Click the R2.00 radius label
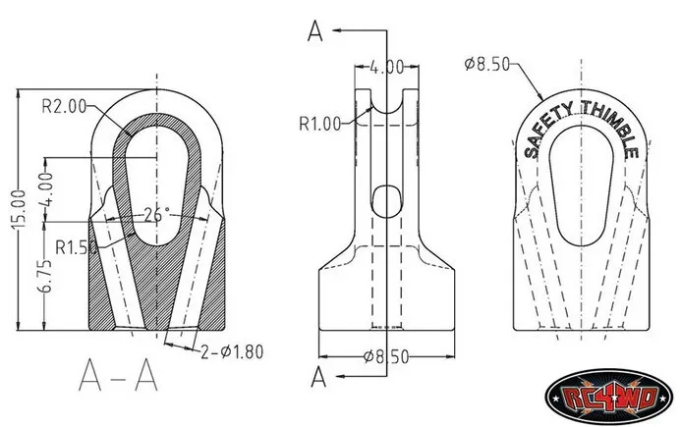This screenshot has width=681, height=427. pyautogui.click(x=64, y=106)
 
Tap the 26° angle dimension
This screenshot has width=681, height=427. pyautogui.click(x=157, y=215)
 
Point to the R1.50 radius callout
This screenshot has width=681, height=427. pyautogui.click(x=77, y=247)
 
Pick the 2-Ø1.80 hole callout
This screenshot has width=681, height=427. pyautogui.click(x=232, y=352)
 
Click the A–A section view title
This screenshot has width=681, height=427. pyautogui.click(x=118, y=375)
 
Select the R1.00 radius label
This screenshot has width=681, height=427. pyautogui.click(x=320, y=124)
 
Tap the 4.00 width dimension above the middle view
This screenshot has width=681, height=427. pyautogui.click(x=386, y=68)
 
